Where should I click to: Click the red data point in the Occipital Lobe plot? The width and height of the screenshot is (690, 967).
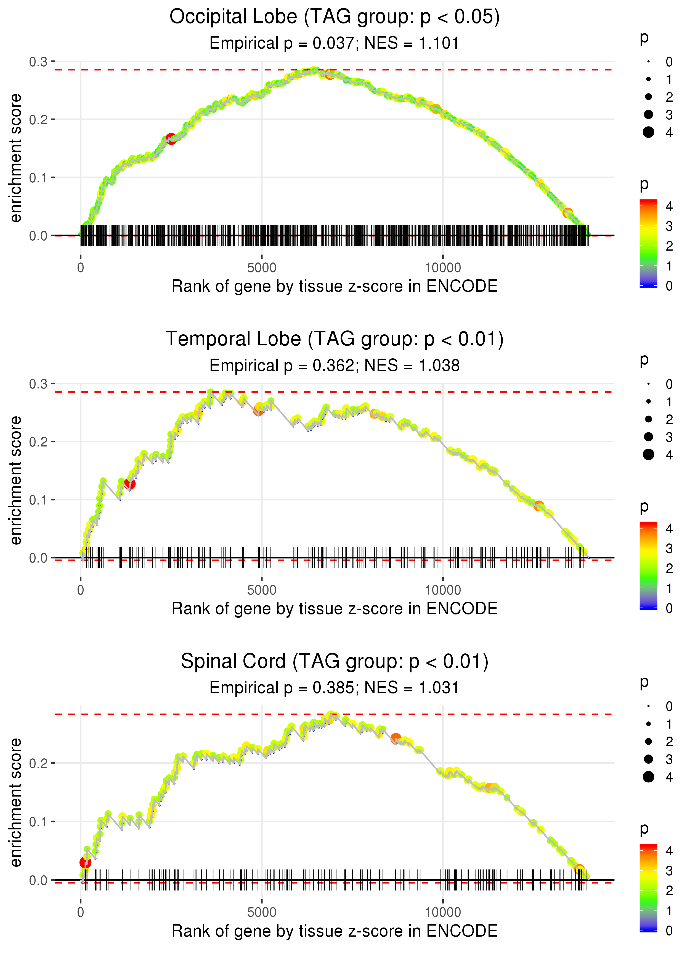coord(171,139)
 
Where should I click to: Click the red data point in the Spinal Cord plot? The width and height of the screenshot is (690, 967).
coord(85,862)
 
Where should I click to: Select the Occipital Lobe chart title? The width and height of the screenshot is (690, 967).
coord(335,17)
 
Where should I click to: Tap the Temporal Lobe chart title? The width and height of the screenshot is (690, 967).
coord(335,339)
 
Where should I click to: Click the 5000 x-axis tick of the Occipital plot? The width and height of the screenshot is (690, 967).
coord(262,268)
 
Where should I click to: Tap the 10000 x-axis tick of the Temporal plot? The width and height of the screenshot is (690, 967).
coord(443,590)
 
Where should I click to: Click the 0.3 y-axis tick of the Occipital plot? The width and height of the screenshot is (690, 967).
coord(38,62)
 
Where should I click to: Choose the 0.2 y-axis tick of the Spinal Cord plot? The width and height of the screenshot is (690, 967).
coord(38,764)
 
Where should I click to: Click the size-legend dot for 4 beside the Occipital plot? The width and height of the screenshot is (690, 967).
coord(648,132)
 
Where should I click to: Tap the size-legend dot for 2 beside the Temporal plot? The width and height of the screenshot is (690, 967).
coord(648,419)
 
